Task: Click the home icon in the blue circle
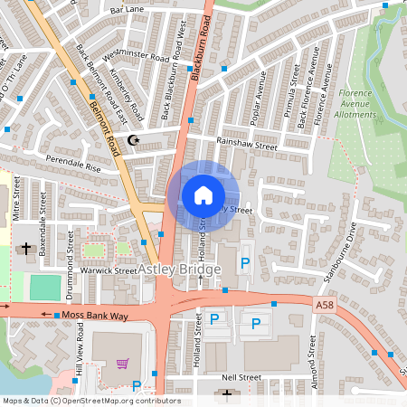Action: click(x=203, y=194)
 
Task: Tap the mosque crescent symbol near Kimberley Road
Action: click(x=135, y=140)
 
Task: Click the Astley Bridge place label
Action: click(x=180, y=270)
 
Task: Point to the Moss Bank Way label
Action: click(x=95, y=315)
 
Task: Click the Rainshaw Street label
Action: click(x=246, y=142)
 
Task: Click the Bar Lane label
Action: click(x=128, y=9)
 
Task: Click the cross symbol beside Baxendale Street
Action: click(x=27, y=247)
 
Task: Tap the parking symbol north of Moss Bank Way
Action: click(x=242, y=264)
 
